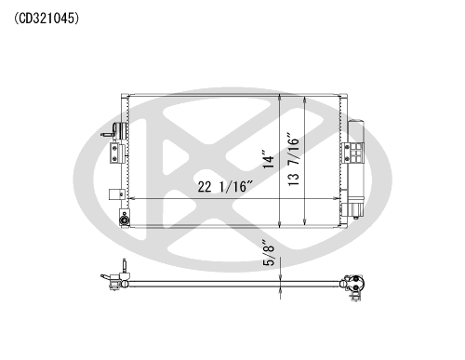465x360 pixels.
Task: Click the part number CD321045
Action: point(46,19)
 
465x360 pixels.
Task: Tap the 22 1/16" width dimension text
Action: point(226,186)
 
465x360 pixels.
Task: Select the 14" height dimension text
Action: point(269,160)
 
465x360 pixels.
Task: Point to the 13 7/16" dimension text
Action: point(294,160)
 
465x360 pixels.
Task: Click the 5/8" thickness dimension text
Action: point(269,253)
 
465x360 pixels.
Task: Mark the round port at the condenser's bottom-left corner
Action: point(125,220)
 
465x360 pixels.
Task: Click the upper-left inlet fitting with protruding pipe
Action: point(113,130)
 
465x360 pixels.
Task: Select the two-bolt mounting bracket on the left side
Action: point(116,153)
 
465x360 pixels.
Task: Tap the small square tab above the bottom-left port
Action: point(116,194)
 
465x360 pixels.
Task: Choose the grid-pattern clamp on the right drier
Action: point(352,153)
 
